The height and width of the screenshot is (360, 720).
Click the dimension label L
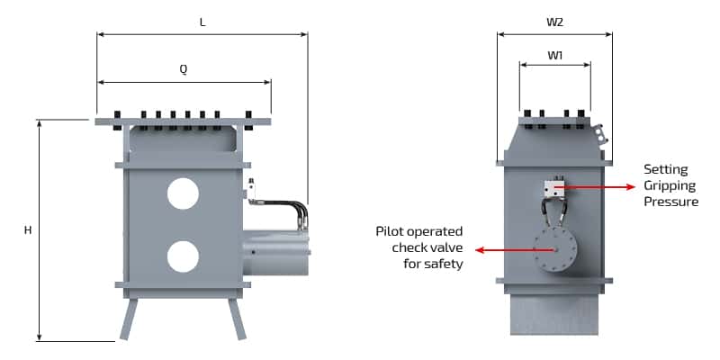click(x=202, y=22)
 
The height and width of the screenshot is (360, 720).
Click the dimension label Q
click(x=184, y=70)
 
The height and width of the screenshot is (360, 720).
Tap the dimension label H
click(x=28, y=230)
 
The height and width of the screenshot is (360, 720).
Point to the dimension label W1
click(x=555, y=54)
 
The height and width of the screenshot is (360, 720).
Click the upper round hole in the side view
click(x=183, y=193)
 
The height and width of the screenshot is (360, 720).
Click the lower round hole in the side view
click(x=183, y=256)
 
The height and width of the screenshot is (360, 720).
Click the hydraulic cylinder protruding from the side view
click(x=275, y=251)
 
